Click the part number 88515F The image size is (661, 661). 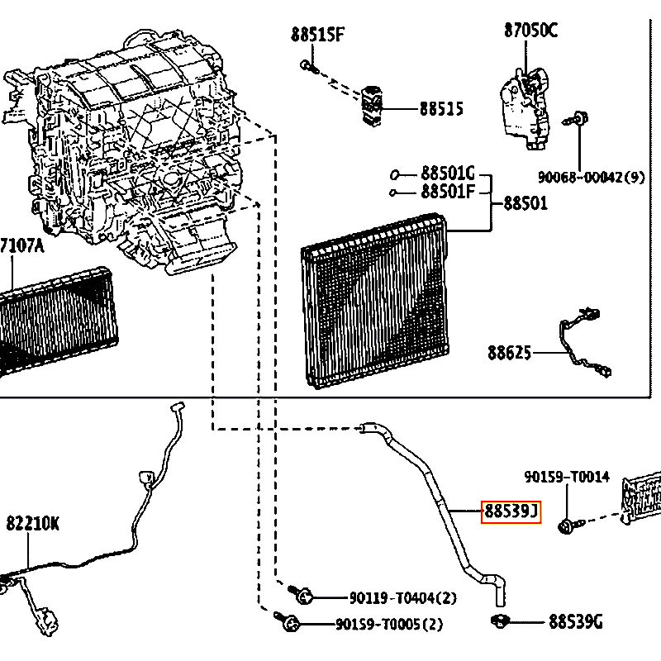(317, 34)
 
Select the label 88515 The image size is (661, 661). (441, 109)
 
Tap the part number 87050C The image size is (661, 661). (530, 31)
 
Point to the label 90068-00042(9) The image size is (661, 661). (591, 177)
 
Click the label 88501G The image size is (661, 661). (448, 174)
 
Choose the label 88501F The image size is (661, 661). (448, 192)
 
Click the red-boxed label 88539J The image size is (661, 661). (511, 511)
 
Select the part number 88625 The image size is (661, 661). (509, 353)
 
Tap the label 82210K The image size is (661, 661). (33, 524)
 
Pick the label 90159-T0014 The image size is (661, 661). (567, 477)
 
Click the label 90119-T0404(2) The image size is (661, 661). (403, 597)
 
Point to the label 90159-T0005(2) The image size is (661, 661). (389, 624)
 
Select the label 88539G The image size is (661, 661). (576, 621)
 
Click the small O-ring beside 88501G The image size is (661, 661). (395, 174)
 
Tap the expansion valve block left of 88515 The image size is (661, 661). (371, 107)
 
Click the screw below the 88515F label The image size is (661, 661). (309, 66)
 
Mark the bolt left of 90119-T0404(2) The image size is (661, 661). (301, 594)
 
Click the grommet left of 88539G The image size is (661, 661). (501, 621)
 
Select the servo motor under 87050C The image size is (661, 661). (525, 107)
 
